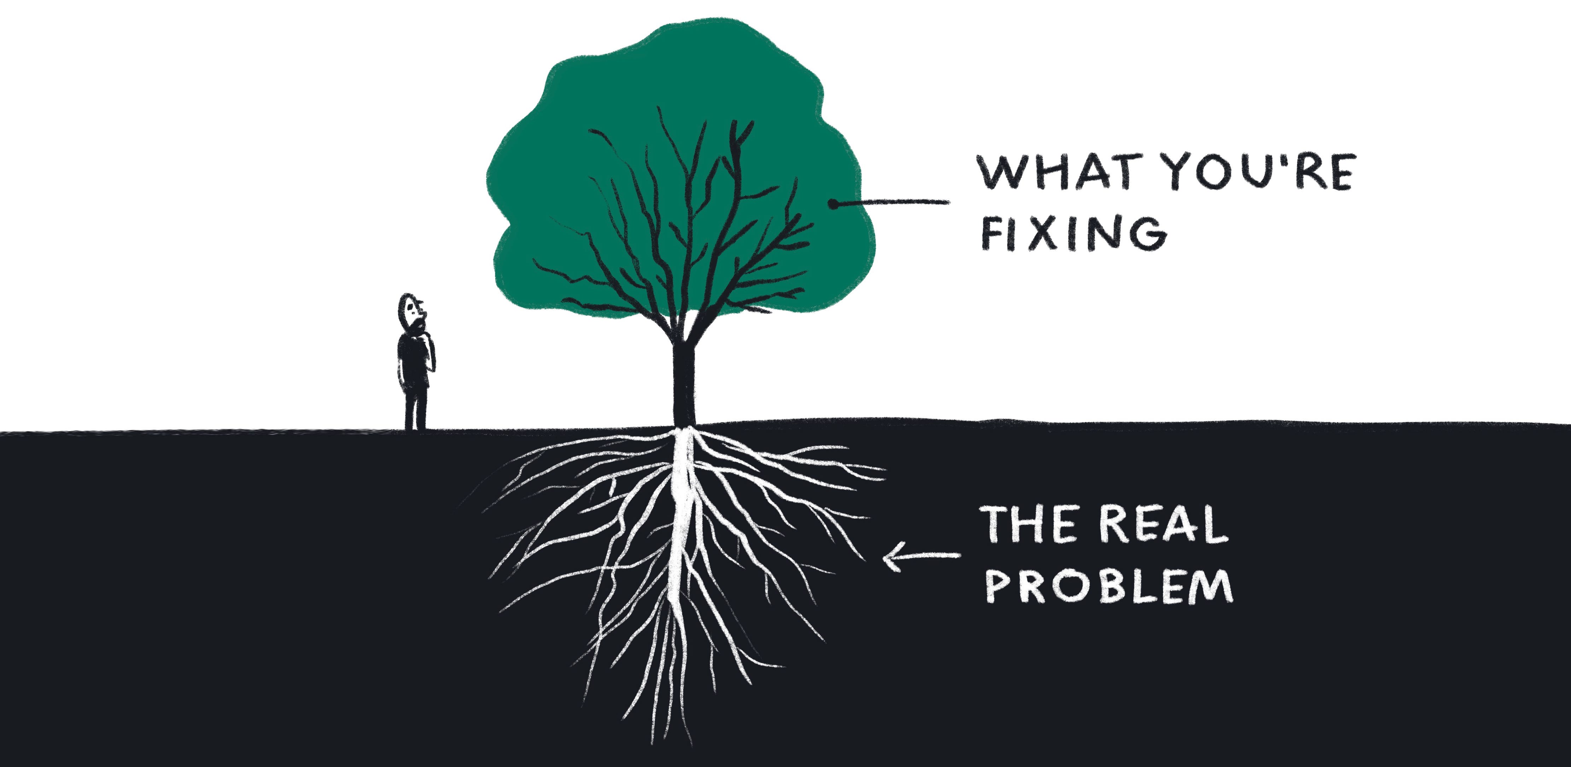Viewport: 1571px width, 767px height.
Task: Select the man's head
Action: (x=411, y=312)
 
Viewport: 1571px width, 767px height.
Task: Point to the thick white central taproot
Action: (x=682, y=524)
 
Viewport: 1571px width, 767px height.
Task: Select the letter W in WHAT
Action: (x=1000, y=174)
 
